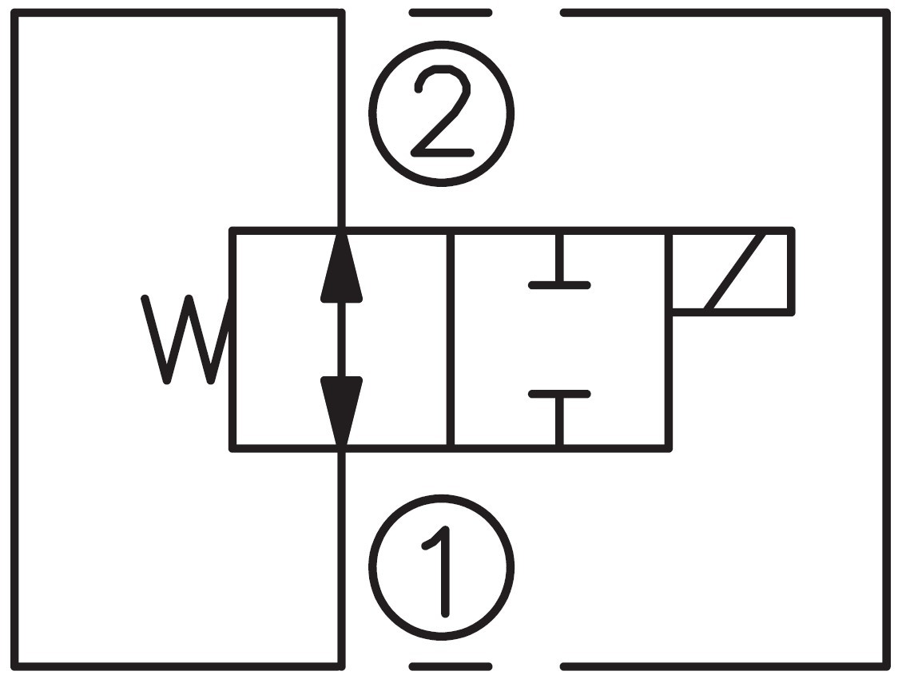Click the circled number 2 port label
tap(441, 113)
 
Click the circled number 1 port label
tap(441, 568)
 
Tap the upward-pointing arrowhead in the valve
tap(342, 268)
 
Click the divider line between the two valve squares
tap(451, 340)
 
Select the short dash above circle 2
tap(450, 13)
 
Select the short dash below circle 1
tap(450, 665)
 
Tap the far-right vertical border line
tap(886, 340)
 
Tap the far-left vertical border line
tap(14, 340)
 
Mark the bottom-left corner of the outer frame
tap(14, 665)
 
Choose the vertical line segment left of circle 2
tap(342, 120)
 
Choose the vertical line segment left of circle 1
tap(342, 559)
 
